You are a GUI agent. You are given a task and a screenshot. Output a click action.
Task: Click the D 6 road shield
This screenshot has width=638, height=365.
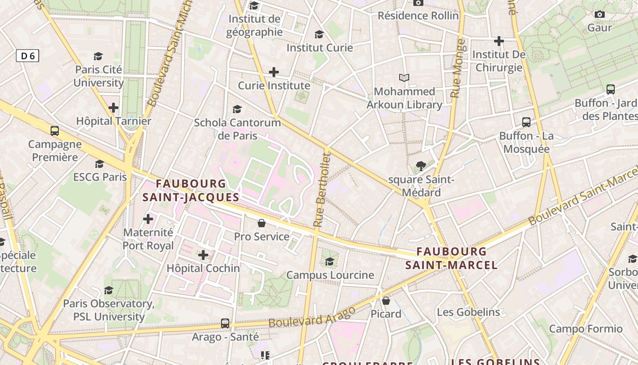coord(27,56)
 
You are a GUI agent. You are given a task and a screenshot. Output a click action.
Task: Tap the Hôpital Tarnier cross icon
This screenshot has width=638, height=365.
coord(113,108)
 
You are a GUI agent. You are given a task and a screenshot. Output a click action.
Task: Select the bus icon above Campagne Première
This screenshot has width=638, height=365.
coord(55,131)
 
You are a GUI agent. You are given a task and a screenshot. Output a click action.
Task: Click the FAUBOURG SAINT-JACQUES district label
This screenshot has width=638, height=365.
coord(190,191)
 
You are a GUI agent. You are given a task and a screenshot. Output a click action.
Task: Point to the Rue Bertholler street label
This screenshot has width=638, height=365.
coord(322,190)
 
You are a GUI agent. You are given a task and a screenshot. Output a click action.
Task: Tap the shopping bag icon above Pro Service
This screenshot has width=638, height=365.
coord(262,223)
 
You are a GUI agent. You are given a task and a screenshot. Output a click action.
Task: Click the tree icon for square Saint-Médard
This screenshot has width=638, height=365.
coord(421,166)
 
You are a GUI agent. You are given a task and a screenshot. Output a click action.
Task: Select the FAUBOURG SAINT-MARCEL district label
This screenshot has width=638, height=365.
coord(451,258)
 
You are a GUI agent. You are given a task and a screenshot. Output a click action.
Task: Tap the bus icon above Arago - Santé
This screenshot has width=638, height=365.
coord(225,323)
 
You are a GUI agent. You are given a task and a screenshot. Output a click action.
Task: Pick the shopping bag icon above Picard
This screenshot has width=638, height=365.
coord(386,301)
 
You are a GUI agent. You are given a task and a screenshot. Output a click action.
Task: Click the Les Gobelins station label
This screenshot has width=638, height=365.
coord(468,313)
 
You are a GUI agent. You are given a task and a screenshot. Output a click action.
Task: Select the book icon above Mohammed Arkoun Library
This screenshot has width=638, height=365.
coord(404,78)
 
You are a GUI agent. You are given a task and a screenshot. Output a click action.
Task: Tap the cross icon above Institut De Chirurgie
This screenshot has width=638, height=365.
coord(499,41)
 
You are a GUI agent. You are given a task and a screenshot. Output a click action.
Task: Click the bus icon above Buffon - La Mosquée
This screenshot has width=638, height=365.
coord(526,122)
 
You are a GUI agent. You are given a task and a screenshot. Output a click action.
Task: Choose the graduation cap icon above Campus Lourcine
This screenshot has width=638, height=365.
coord(330,261)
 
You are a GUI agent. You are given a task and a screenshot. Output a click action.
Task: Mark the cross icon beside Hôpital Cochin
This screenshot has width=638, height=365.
coord(203,255)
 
